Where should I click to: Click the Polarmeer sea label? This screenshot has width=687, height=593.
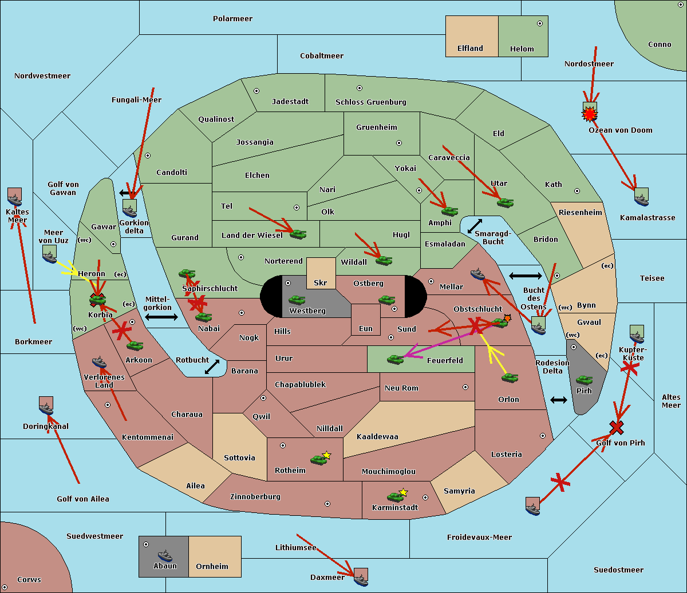pyautogui.click(x=232, y=19)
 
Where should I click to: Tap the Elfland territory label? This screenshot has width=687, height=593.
pyautogui.click(x=470, y=49)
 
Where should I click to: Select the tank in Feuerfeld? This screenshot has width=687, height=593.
pyautogui.click(x=395, y=359)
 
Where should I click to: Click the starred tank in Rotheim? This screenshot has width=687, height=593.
pyautogui.click(x=319, y=459)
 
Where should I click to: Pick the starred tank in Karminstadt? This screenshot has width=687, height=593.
pyautogui.click(x=395, y=496)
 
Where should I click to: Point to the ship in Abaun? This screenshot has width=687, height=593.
pyautogui.click(x=165, y=555)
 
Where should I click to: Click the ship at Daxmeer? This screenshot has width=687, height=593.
pyautogui.click(x=361, y=578)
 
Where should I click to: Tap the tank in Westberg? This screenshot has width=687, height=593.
pyautogui.click(x=297, y=300)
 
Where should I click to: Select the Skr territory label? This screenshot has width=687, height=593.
pyautogui.click(x=321, y=283)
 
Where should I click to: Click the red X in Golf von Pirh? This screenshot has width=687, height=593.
pyautogui.click(x=617, y=427)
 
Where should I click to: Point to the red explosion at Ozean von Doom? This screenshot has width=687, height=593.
pyautogui.click(x=589, y=115)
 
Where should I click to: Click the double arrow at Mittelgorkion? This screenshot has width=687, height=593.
pyautogui.click(x=161, y=317)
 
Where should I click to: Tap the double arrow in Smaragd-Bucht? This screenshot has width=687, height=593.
pyautogui.click(x=475, y=226)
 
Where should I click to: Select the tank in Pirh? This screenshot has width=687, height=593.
pyautogui.click(x=584, y=380)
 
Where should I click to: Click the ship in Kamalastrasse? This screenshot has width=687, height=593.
pyautogui.click(x=641, y=197)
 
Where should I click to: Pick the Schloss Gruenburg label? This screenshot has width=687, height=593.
pyautogui.click(x=370, y=102)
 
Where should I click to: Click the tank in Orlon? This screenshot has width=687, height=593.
pyautogui.click(x=510, y=378)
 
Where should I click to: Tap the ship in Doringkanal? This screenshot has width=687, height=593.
pyautogui.click(x=46, y=406)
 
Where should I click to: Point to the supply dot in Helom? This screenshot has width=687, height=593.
pyautogui.click(x=539, y=23)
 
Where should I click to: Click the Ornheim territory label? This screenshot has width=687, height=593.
pyautogui.click(x=212, y=567)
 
